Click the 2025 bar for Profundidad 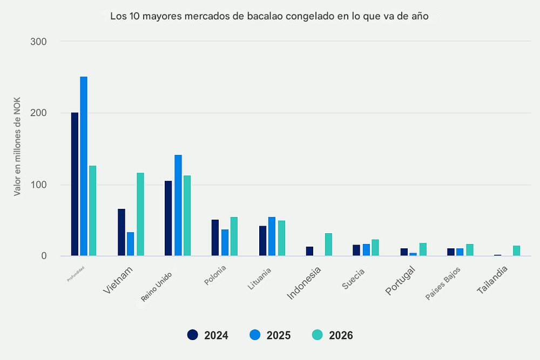84,166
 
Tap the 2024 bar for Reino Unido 168,218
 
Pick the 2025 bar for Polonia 225,242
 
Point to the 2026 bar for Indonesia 328,244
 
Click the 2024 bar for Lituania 262,241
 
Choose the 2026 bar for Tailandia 517,250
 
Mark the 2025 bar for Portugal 413,254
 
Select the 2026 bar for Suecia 375,248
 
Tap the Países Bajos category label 442,284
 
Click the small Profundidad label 76,273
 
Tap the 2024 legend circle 193,335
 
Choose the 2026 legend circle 318,335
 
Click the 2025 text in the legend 279,336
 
